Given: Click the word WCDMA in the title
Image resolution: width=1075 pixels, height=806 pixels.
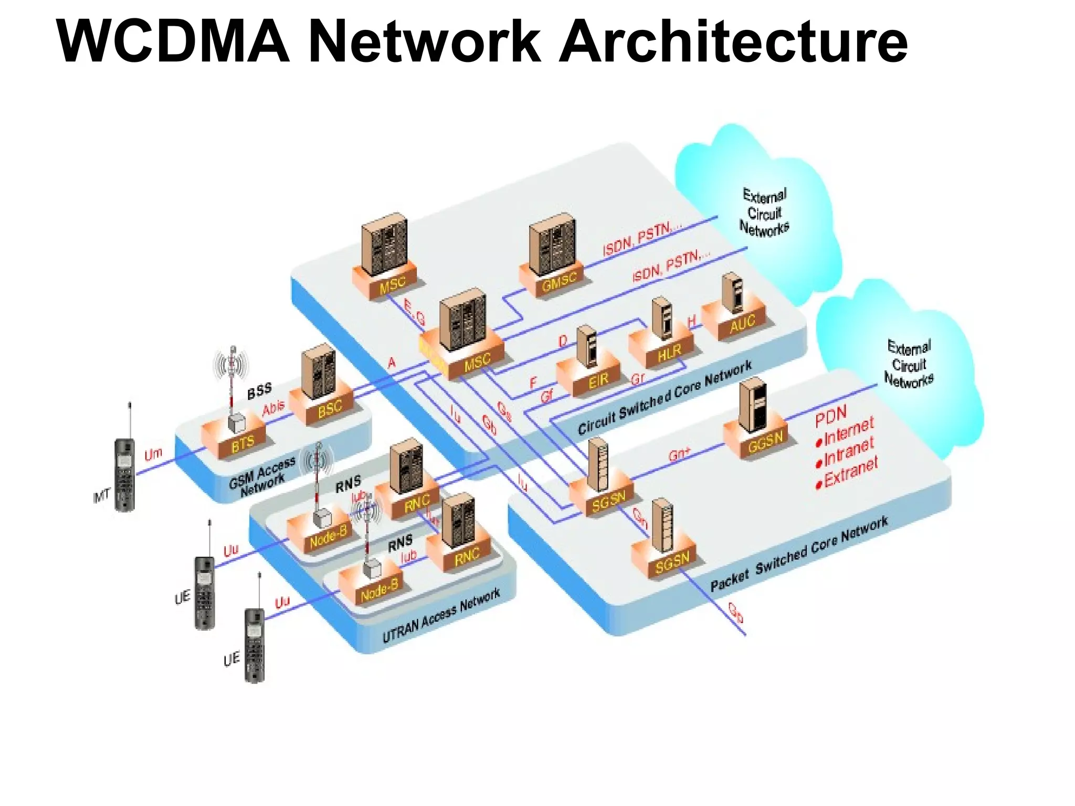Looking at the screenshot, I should [x=173, y=42].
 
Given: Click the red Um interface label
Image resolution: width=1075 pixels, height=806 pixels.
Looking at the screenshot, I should [x=153, y=453].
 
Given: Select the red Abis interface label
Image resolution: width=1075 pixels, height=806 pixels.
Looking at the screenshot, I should [x=273, y=407].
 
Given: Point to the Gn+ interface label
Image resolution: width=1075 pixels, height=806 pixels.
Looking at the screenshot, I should [x=679, y=454].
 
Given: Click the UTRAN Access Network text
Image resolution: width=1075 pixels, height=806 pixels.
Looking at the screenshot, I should [x=441, y=617].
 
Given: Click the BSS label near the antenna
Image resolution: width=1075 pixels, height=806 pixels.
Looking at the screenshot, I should [x=259, y=390].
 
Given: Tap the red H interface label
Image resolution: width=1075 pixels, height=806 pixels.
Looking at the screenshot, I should [x=691, y=321].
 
